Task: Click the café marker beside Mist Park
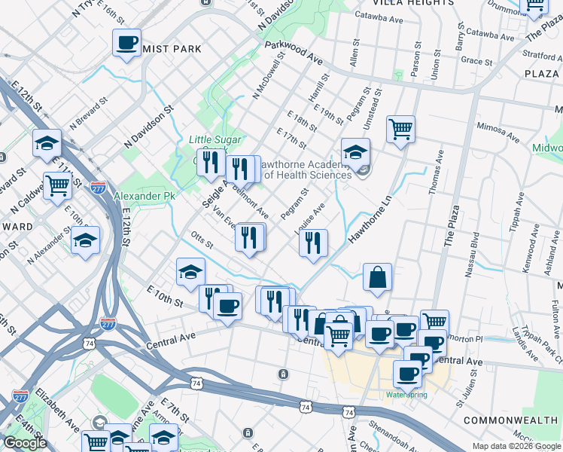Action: (126, 42)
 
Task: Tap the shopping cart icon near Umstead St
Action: (401, 129)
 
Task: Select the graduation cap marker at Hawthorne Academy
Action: (355, 151)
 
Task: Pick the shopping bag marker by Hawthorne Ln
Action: (377, 276)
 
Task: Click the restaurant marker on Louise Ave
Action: (312, 243)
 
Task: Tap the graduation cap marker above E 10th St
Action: (190, 271)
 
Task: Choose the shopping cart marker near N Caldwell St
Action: (57, 184)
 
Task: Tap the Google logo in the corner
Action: (25, 443)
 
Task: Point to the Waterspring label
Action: (406, 394)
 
